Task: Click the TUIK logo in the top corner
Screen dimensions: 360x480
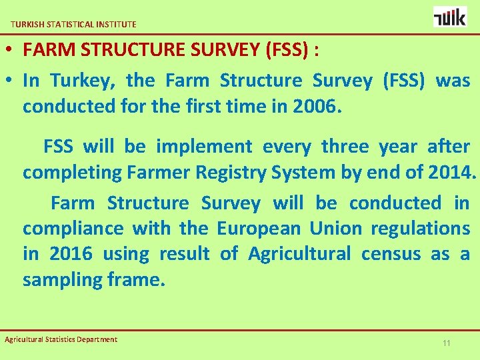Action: coord(450,17)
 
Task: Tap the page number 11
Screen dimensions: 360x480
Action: coord(447,343)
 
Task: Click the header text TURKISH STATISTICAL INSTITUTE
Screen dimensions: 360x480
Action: coord(73,24)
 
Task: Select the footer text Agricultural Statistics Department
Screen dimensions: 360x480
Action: coord(61,339)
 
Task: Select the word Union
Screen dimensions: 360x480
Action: coord(336,229)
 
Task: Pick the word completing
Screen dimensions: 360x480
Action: coord(73,173)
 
